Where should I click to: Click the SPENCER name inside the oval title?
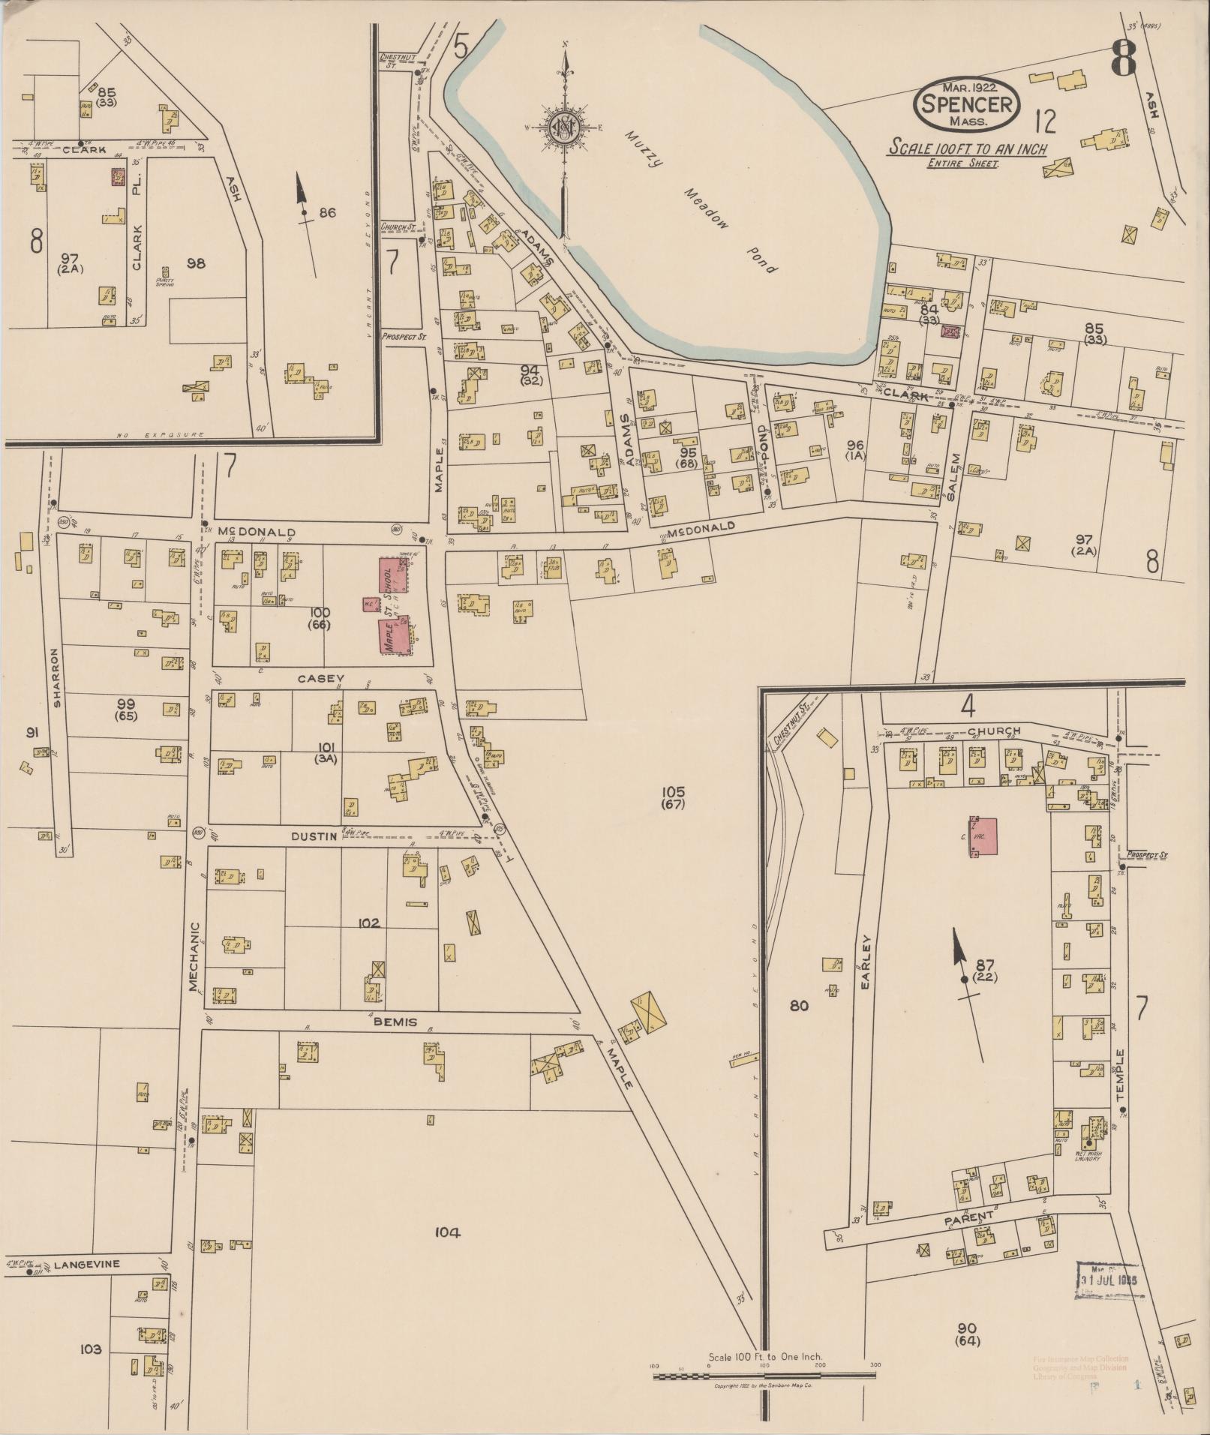[967, 104]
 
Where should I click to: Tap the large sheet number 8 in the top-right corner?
[1123, 58]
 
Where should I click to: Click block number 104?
[446, 1232]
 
